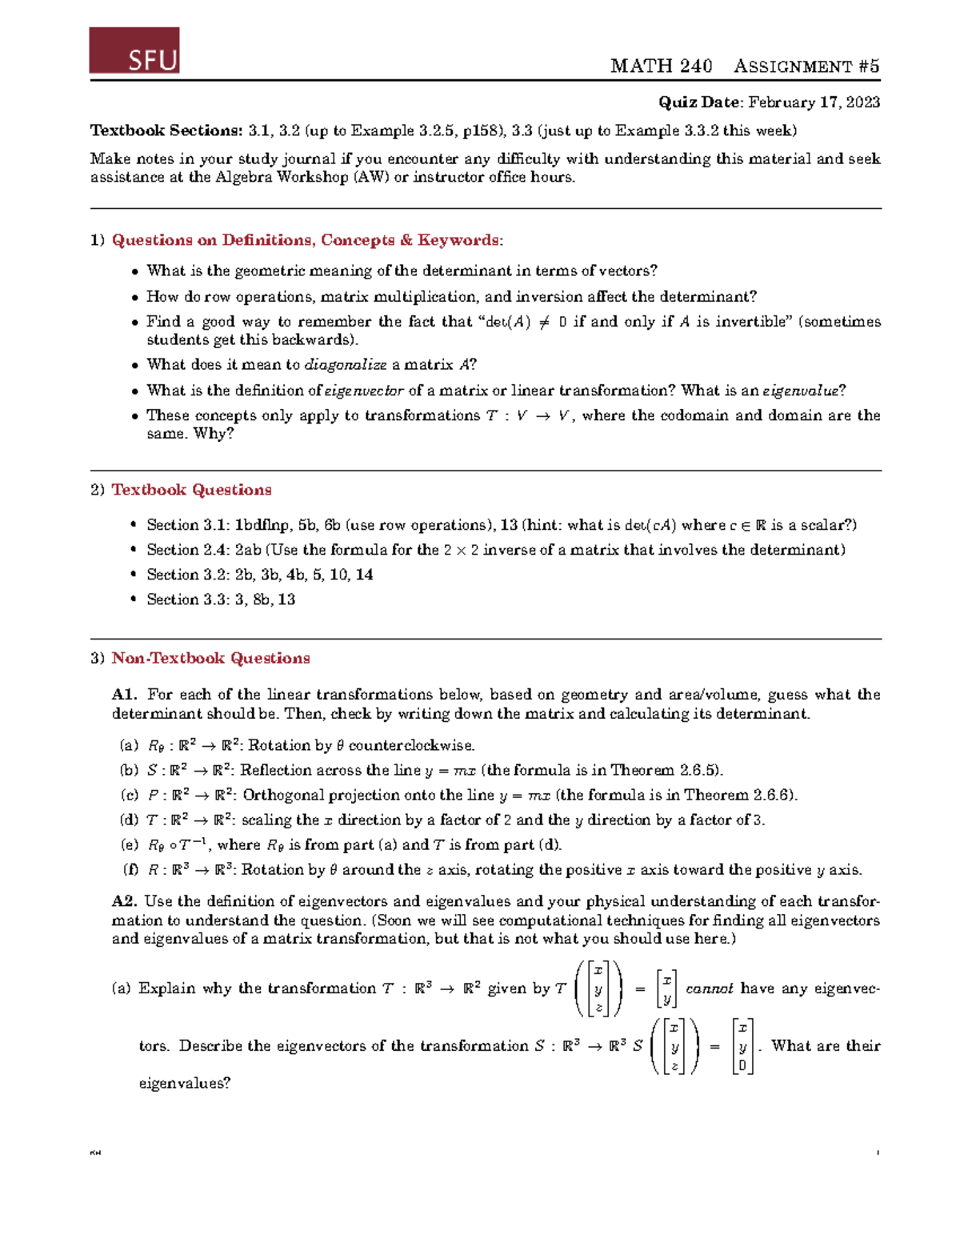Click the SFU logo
tap(134, 50)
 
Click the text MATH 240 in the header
tap(661, 66)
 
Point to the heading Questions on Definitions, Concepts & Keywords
tap(307, 240)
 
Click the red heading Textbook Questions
tap(191, 490)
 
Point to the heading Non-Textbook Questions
tap(210, 659)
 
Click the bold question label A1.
tap(125, 695)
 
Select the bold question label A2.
tap(125, 901)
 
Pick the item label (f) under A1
tap(130, 869)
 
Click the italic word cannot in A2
tap(710, 988)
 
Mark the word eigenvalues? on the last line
tap(185, 1084)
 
